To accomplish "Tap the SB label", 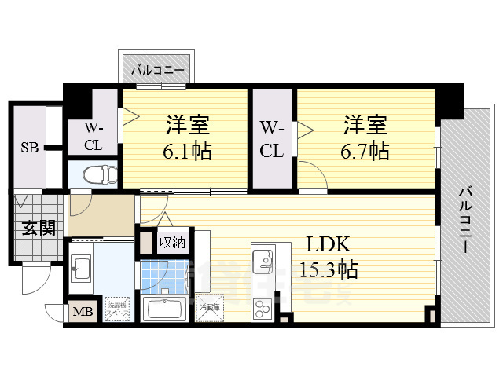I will tap(29, 147).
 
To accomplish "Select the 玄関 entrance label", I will tap(38, 229).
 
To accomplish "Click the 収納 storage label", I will tap(171, 242).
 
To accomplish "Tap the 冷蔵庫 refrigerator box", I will tap(210, 309).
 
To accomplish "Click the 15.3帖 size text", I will tap(328, 270).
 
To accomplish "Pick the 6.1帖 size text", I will tap(186, 150).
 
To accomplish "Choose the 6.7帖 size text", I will tap(364, 150).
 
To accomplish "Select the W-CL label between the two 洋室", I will tap(272, 139).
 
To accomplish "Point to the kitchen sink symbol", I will tap(261, 258).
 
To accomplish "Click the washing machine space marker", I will tap(118, 310).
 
